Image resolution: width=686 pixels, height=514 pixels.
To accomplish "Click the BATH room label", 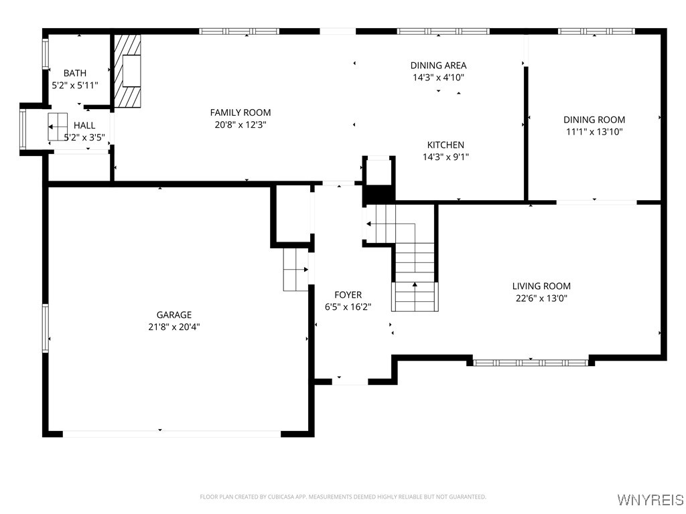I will tap(75, 73).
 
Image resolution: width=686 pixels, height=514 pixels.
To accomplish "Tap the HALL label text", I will tap(84, 125).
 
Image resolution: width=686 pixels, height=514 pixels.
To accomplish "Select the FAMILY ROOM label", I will tap(241, 112).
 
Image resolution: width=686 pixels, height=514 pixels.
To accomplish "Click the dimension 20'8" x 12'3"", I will tap(241, 124).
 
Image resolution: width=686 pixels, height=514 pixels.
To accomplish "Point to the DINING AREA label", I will tap(438, 66).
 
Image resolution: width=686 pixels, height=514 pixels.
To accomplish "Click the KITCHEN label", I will tap(445, 145).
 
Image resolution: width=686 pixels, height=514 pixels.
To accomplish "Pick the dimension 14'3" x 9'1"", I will tap(445, 157).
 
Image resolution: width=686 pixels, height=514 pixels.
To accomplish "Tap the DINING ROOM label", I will tap(594, 120).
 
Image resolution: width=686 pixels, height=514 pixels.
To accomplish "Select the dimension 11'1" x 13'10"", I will tap(594, 132).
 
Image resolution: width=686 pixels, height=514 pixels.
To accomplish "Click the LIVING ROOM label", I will tap(541, 286).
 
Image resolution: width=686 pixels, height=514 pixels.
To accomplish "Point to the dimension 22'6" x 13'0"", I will tap(541, 298).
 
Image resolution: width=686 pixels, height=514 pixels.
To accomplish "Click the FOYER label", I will tap(348, 294).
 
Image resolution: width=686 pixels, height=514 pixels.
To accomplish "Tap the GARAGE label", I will tap(174, 315).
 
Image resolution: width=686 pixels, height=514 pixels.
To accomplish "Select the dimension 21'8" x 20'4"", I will tap(174, 327).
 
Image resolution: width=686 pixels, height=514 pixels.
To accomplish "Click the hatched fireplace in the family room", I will tap(127, 71).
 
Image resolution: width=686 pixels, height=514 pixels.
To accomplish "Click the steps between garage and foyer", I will tap(295, 269).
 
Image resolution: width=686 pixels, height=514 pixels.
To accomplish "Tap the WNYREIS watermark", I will tap(650, 500).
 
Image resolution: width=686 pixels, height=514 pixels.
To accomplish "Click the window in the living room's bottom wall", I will tap(531, 362).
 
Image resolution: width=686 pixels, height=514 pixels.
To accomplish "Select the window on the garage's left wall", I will tap(46, 328).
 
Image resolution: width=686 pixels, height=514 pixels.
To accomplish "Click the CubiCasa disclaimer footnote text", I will tap(343, 497).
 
